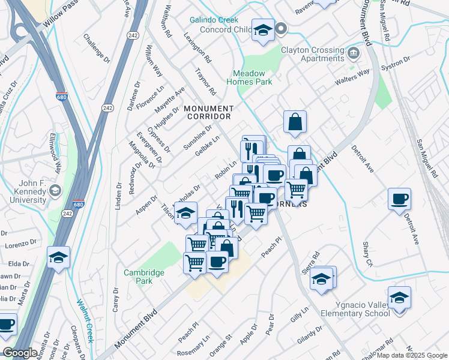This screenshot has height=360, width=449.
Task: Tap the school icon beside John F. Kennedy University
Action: tap(55, 191)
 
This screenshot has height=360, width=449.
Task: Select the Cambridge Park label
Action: tap(143, 277)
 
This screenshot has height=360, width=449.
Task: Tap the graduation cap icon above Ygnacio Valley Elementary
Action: tap(399, 296)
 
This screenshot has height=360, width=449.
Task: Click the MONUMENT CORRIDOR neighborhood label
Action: tap(208, 112)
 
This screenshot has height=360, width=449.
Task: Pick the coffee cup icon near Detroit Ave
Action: tap(399, 199)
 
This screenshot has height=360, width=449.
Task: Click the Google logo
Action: tap(20, 353)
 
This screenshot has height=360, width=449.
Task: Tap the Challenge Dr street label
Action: tap(97, 48)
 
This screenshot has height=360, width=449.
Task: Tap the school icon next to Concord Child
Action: tap(262, 29)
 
